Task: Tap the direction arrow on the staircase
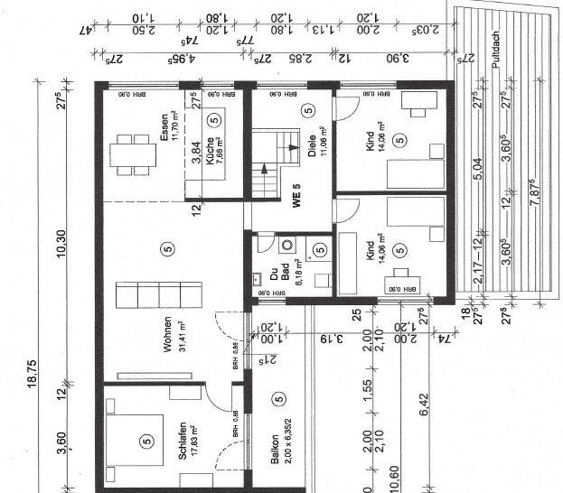[264, 169]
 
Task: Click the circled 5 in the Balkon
[278, 398]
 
